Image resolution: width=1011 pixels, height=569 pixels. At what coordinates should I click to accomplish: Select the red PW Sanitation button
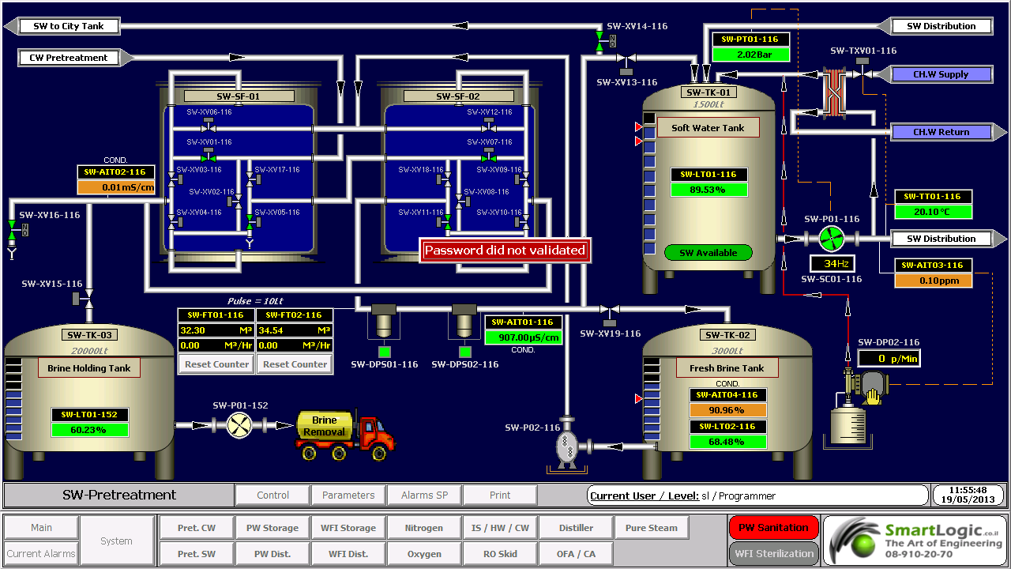tap(772, 527)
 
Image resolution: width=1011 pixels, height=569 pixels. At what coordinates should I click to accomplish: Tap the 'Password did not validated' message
tap(505, 251)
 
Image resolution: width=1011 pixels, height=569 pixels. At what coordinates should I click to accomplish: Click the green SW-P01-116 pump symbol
tap(830, 238)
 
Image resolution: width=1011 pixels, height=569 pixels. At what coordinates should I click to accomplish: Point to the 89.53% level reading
tap(708, 190)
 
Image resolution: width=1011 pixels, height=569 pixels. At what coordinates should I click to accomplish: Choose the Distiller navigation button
tap(576, 528)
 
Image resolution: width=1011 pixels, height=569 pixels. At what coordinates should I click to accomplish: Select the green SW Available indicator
tap(708, 253)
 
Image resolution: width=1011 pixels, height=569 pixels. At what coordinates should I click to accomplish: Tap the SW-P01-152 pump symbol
tap(239, 425)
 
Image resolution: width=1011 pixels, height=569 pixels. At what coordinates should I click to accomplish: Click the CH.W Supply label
tap(941, 74)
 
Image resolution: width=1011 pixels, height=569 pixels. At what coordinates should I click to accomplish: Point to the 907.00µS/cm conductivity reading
tap(524, 337)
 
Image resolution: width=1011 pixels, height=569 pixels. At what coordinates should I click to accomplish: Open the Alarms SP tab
tap(424, 496)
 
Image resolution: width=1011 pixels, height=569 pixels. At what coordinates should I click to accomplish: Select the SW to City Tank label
tap(69, 26)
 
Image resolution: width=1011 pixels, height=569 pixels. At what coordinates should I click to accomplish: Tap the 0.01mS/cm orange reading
tap(116, 187)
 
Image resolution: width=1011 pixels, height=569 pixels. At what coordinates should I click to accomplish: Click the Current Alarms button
tap(42, 553)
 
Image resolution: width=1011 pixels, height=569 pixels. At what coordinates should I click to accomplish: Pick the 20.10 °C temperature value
tap(933, 212)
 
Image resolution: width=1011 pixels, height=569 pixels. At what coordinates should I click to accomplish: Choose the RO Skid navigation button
tap(500, 554)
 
